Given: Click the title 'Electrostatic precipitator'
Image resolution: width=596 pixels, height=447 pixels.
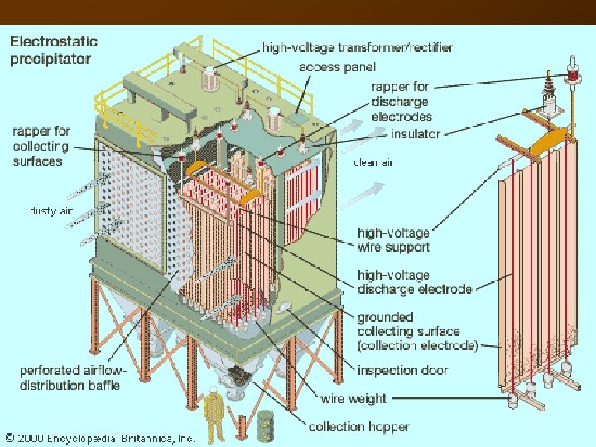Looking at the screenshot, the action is (x=54, y=50).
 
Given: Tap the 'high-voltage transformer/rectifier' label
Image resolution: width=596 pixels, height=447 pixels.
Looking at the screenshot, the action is (x=358, y=48).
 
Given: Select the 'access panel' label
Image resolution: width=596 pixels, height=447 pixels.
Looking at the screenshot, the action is (x=337, y=66).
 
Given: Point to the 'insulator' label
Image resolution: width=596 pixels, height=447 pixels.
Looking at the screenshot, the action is (x=416, y=134).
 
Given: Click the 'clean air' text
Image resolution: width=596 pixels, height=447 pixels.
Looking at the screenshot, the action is (x=374, y=162).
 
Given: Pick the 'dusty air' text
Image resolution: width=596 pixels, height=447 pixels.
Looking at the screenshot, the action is (x=51, y=211).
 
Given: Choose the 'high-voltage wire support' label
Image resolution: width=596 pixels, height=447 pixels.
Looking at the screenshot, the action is (x=393, y=240).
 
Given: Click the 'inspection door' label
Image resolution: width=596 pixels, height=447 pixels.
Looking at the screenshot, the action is (x=402, y=370).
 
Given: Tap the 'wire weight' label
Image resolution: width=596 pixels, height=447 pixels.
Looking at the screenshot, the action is (x=353, y=398).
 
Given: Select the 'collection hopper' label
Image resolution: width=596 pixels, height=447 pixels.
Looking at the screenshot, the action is (x=358, y=426).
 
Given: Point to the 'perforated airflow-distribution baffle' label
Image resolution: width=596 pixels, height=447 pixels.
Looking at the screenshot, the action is (x=70, y=377).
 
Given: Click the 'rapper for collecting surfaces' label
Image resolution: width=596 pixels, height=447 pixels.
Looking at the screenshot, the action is (x=41, y=146).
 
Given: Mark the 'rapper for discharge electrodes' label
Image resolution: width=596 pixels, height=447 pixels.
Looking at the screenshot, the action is (x=401, y=102).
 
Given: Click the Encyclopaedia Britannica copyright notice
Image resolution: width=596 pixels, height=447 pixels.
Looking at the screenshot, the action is (x=99, y=437).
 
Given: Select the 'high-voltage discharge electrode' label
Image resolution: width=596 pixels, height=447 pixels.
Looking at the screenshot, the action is (x=415, y=281).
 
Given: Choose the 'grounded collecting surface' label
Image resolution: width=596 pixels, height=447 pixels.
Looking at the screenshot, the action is (x=417, y=331).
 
